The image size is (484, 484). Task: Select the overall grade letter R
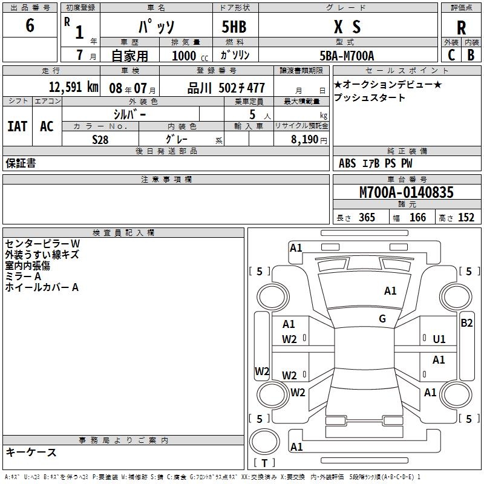point(462,27)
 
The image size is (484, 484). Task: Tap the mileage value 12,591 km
point(73,87)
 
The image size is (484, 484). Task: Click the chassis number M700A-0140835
point(406,192)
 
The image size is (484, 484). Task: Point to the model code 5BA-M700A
point(347,55)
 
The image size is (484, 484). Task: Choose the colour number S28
point(100,139)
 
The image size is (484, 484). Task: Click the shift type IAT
point(18,126)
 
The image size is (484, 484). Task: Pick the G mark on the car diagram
point(382,318)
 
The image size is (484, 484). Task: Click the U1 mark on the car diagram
point(439,339)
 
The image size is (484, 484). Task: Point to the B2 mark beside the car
point(466,323)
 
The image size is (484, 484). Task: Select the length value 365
point(367,217)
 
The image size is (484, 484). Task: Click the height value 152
point(466,217)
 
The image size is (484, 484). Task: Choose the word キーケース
point(31,452)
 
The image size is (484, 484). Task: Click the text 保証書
point(21,163)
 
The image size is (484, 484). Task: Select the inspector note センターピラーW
point(42,243)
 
